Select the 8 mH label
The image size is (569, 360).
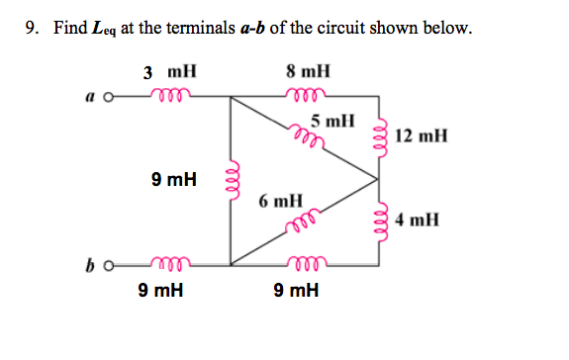308,71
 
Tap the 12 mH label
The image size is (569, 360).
421,135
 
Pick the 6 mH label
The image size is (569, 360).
280,201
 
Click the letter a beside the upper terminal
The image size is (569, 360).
91,97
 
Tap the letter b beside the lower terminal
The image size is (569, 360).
91,265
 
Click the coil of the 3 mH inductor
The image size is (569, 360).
168,95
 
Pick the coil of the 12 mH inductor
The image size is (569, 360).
378,135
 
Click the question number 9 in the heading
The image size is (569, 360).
32,28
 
